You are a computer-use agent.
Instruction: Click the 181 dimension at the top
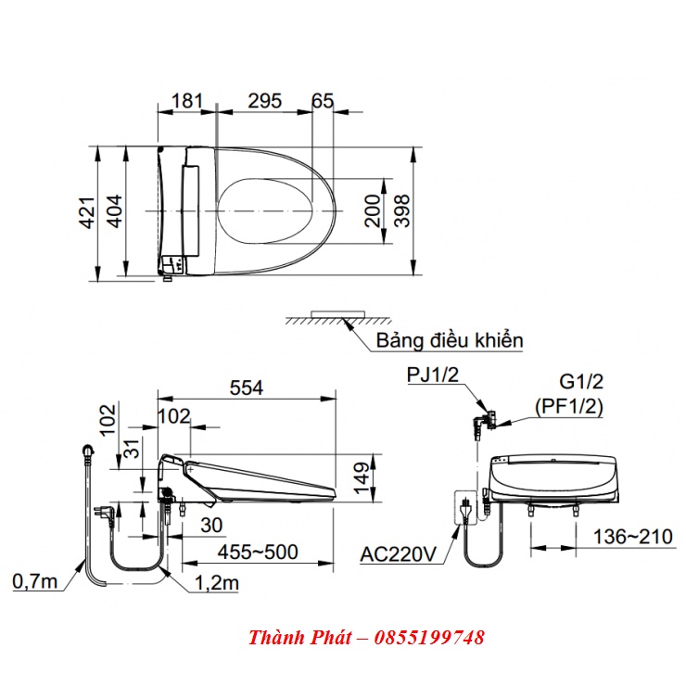coord(187,101)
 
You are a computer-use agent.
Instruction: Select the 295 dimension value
coord(265,101)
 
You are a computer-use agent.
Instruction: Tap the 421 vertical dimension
coord(87,212)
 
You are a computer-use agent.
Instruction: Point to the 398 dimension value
coord(401,210)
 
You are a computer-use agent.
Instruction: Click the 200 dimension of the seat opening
coord(373,210)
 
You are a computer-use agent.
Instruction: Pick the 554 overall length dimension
coord(247,387)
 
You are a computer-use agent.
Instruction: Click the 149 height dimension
coord(362,478)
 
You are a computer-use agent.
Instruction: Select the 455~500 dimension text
coord(258,553)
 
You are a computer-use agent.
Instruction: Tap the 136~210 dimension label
coord(632,537)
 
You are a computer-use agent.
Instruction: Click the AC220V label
coord(398,554)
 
